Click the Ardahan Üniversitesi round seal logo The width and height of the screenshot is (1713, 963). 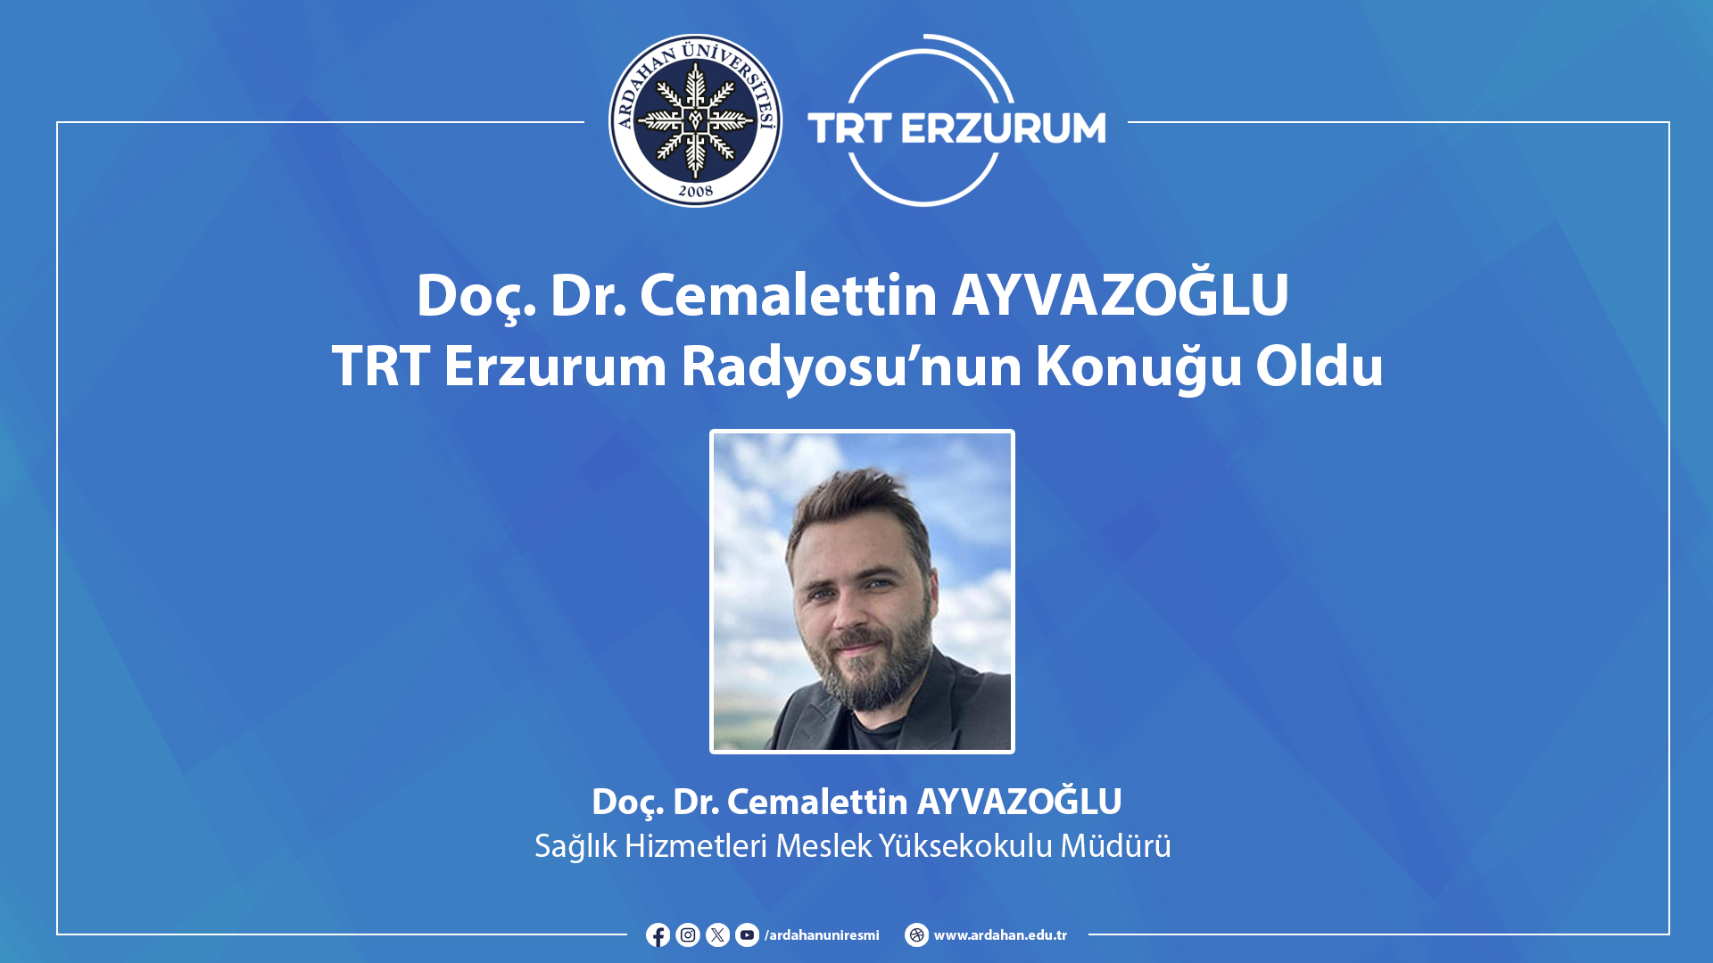(x=695, y=120)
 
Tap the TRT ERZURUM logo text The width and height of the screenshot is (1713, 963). (x=956, y=128)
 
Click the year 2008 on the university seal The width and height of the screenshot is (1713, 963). (x=695, y=190)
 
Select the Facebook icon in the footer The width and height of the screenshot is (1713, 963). (x=658, y=934)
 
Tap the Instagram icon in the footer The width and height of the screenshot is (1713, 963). (x=688, y=934)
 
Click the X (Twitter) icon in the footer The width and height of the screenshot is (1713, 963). (x=717, y=934)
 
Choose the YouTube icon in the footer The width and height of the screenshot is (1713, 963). (x=747, y=934)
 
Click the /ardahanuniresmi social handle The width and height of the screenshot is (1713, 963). (x=822, y=935)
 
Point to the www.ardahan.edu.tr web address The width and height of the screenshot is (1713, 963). (x=1000, y=935)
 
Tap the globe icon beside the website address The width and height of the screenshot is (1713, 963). (x=916, y=934)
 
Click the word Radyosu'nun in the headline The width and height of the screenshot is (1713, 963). (x=851, y=366)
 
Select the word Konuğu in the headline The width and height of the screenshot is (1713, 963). (x=1138, y=366)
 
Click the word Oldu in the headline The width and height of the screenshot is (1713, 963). (x=1320, y=365)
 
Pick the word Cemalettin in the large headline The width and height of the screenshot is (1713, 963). (x=789, y=294)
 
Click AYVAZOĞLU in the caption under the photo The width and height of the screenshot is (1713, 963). (x=1020, y=801)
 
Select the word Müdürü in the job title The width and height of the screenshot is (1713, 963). (x=1115, y=844)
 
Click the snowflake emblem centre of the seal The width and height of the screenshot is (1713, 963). (x=695, y=120)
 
